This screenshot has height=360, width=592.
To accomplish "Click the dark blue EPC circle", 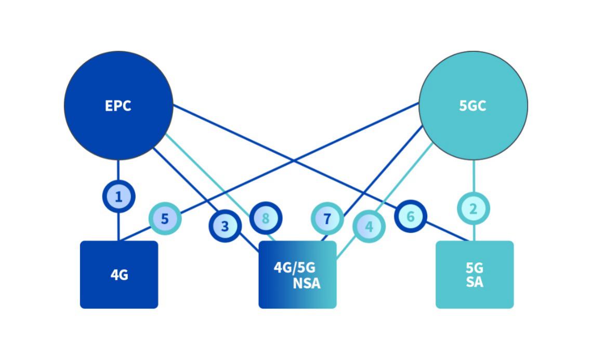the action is coord(119,105).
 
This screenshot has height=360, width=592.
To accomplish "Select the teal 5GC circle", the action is coord(473,105).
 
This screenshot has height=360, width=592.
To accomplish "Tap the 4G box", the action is coord(119,275).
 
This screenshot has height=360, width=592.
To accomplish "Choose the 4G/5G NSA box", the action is coord(297,275).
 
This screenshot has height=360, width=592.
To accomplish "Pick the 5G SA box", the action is coord(475,275).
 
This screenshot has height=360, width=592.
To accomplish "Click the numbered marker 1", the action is coord(119,196).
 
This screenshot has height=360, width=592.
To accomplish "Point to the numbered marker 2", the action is coord(473,209).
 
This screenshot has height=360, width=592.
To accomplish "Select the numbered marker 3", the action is coord(225,226).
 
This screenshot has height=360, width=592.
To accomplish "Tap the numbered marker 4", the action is coord(369,226).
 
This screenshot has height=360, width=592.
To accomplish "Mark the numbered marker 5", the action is coord(165,219).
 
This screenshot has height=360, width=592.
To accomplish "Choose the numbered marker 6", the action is coord(411,216).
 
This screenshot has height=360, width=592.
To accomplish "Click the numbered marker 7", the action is coord(327,219).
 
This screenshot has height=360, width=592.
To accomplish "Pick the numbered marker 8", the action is coord(266,218).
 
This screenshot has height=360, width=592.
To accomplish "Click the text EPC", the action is coord(118,106).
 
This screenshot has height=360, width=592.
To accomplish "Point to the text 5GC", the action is coord(472,106).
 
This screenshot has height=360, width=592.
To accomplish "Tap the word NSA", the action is coord(307,283).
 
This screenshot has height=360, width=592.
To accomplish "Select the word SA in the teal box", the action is coord(475,282).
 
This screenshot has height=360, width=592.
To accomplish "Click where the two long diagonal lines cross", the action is coord(294,161).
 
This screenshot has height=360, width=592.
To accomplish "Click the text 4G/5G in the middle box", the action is coord(295,268).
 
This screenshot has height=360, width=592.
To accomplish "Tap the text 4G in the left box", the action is coord(120,275).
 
